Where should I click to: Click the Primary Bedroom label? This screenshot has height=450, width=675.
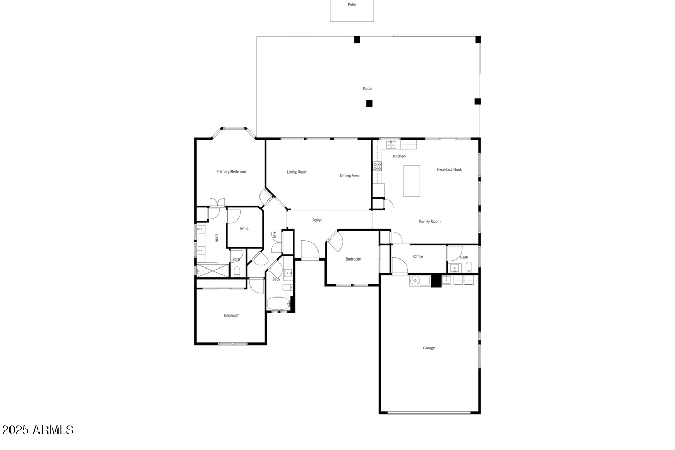click(231, 172)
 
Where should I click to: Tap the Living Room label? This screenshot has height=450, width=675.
click(297, 172)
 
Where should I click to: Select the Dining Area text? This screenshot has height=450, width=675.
click(350, 176)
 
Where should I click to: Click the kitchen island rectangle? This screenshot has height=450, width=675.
click(412, 181)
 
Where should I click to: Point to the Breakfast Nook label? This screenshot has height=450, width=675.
click(449, 170)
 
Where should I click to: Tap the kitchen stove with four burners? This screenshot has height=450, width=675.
click(377, 166)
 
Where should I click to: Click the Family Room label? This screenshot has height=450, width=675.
click(430, 221)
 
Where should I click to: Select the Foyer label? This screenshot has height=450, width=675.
click(317, 221)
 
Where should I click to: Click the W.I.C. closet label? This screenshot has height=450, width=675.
click(245, 228)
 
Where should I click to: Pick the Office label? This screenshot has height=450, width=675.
click(418, 256)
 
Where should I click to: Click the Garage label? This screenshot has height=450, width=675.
click(429, 348)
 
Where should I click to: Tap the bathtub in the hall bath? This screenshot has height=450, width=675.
click(278, 303)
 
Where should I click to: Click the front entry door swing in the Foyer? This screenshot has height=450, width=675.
click(310, 250)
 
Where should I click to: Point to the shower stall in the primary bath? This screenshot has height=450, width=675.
click(213, 271)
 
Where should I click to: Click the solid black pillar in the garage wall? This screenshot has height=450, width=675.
click(436, 281)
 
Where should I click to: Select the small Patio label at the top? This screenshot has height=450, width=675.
click(352, 5)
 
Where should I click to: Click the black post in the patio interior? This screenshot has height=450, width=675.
click(369, 103)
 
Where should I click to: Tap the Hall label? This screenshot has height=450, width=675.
click(274, 235)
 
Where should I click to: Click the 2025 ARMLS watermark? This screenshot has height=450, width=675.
click(37, 430)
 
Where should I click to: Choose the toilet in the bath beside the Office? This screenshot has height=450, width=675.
click(469, 267)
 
